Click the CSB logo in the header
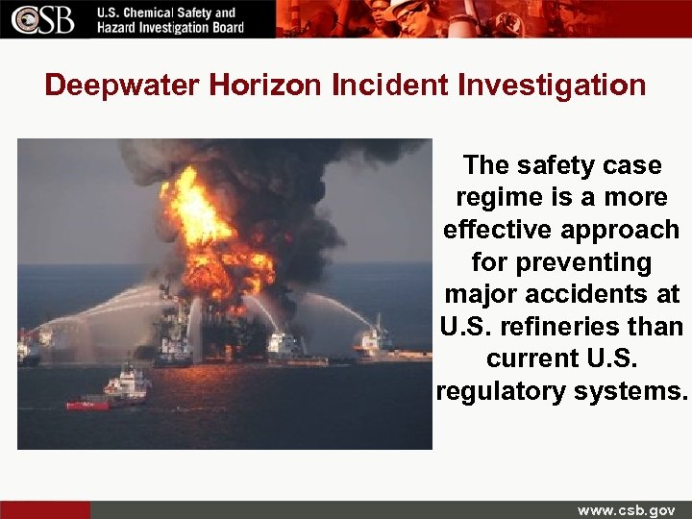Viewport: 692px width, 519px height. point(43,18)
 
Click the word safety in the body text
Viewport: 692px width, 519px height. point(558,165)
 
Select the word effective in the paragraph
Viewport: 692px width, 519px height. point(500,231)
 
